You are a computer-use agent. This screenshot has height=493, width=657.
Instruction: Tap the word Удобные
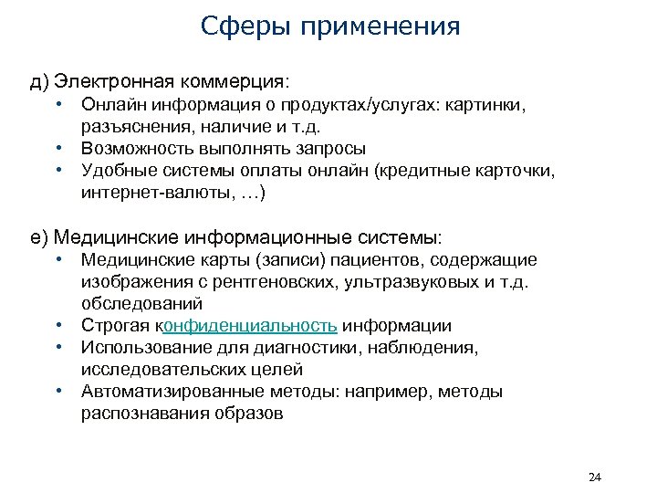click(x=116, y=171)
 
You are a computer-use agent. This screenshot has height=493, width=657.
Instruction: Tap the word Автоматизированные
click(x=172, y=392)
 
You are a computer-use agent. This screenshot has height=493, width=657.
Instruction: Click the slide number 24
click(x=597, y=477)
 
